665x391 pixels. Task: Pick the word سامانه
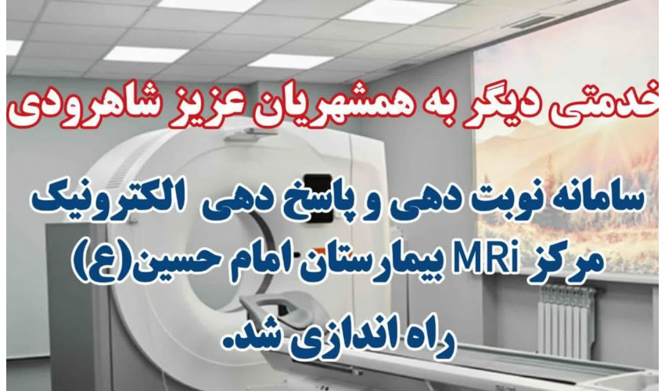593,199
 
